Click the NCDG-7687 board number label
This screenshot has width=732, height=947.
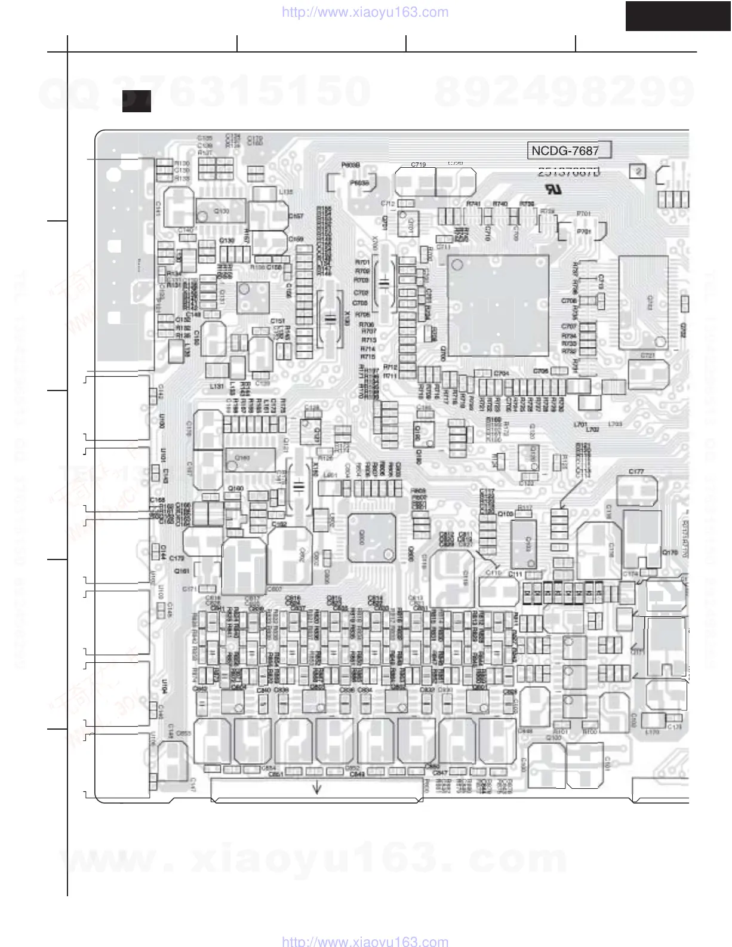coord(565,150)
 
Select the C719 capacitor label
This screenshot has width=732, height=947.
coord(419,164)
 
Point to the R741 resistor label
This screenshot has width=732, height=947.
coord(474,204)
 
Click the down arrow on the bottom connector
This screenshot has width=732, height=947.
coord(317,788)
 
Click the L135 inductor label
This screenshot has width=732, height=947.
coord(286,192)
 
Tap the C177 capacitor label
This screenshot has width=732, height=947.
coord(636,472)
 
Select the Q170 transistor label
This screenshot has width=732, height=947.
coord(671,553)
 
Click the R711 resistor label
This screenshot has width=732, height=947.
coord(390,376)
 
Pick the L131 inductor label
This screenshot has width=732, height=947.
coord(217,387)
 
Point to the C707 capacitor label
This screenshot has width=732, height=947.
coord(568,327)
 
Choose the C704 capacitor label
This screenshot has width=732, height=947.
coord(502,374)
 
